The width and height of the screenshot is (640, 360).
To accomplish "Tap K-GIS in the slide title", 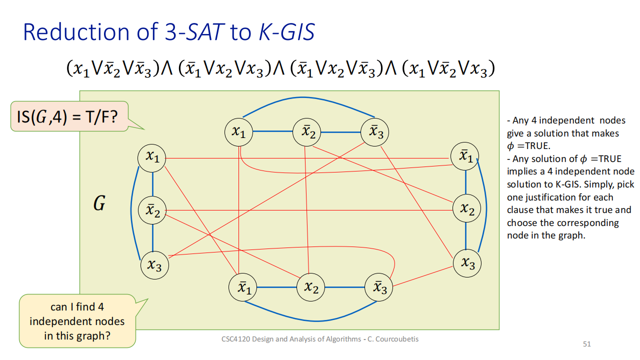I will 286,32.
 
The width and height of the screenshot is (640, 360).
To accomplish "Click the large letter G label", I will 99,203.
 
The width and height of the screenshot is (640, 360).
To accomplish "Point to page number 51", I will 587,344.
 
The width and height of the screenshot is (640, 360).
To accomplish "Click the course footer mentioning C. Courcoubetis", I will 320,339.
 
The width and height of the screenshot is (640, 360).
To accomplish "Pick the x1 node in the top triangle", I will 239,132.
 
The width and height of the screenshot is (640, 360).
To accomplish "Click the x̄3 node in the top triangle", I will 375,132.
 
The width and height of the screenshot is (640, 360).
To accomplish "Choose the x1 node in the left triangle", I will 152,157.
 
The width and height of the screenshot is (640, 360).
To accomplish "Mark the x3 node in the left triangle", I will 154,264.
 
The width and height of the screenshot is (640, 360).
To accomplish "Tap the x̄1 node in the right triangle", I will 465,156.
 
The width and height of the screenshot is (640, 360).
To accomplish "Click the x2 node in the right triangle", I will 467,209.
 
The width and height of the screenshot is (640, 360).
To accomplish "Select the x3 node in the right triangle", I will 467,263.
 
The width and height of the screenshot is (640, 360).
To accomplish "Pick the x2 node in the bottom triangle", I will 311,287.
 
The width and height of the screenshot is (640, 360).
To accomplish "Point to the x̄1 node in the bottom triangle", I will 243,287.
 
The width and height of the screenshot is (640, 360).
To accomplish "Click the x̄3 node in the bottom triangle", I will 379,287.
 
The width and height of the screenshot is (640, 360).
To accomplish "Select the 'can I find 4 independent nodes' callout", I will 77,321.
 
